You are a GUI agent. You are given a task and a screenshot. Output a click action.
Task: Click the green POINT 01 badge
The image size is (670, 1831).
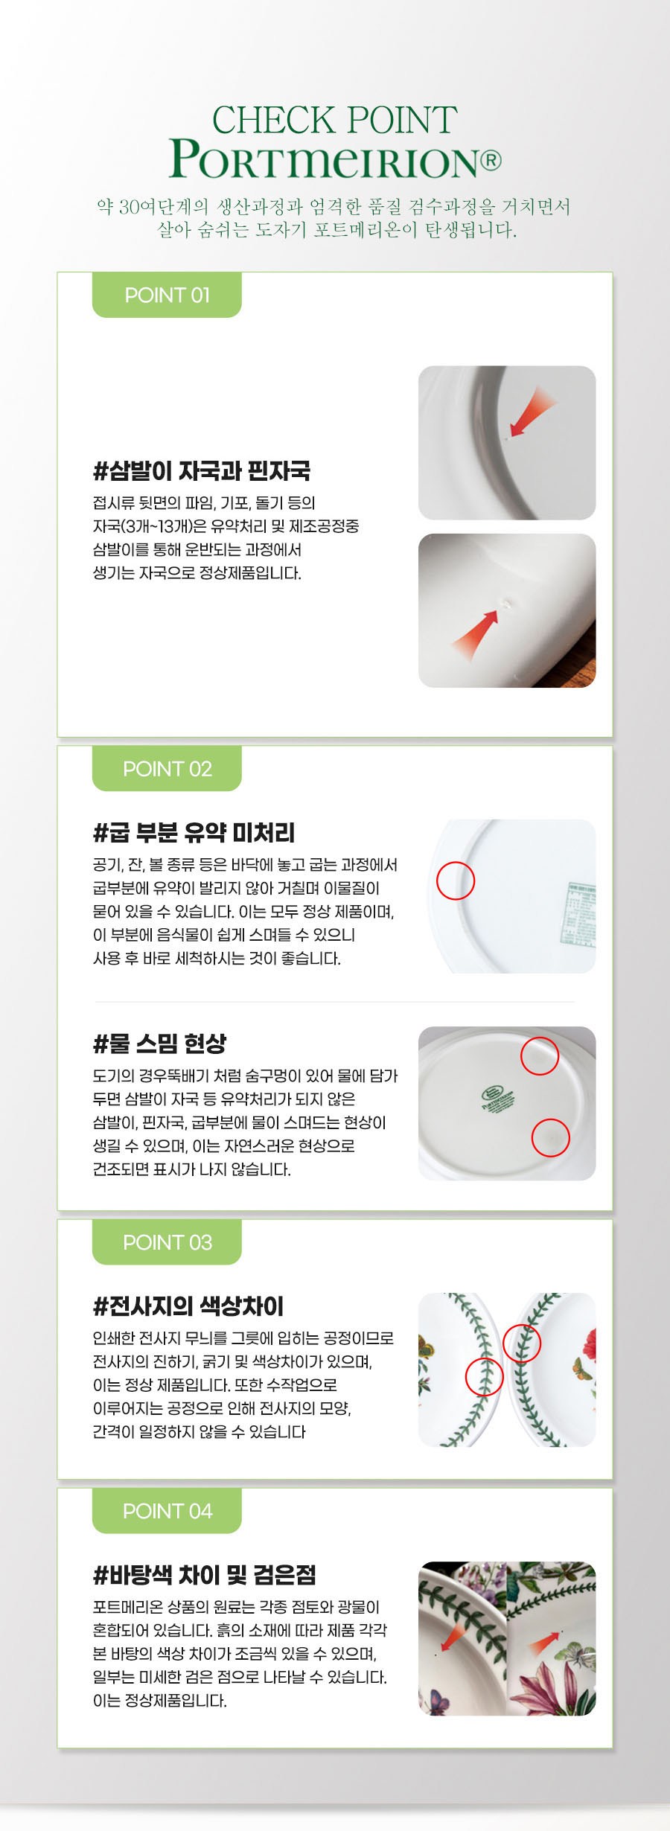pyautogui.click(x=167, y=295)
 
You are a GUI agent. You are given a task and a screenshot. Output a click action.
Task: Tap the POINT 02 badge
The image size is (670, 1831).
pyautogui.click(x=167, y=768)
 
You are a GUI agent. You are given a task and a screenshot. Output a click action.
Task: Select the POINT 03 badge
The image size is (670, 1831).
pyautogui.click(x=167, y=1242)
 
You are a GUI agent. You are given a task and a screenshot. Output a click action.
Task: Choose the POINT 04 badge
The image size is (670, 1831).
pyautogui.click(x=167, y=1510)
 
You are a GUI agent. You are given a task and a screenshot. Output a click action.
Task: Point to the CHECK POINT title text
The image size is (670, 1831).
pyautogui.click(x=334, y=120)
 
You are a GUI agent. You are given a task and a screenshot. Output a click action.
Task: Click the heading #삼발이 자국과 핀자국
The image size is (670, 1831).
pyautogui.click(x=202, y=470)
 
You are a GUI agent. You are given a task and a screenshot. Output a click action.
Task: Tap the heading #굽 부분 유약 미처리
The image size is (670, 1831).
pyautogui.click(x=194, y=832)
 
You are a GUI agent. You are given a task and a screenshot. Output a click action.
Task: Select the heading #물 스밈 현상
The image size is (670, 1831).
pyautogui.click(x=159, y=1044)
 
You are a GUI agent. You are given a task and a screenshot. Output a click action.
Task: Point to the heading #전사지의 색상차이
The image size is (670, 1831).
pyautogui.click(x=188, y=1306)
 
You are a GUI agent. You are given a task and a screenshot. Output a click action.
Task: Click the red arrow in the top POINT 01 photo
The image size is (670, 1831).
pyautogui.click(x=532, y=413)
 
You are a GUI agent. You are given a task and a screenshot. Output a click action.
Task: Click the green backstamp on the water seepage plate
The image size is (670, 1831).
pyautogui.click(x=497, y=1099)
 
